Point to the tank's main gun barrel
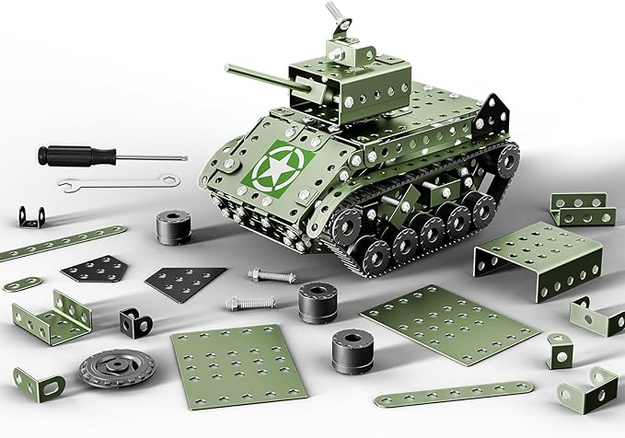click(x=263, y=80)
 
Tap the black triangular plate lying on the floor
click(x=185, y=280)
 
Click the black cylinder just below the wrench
click(x=171, y=226)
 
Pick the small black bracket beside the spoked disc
click(x=133, y=321)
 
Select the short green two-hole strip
click(x=21, y=282)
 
